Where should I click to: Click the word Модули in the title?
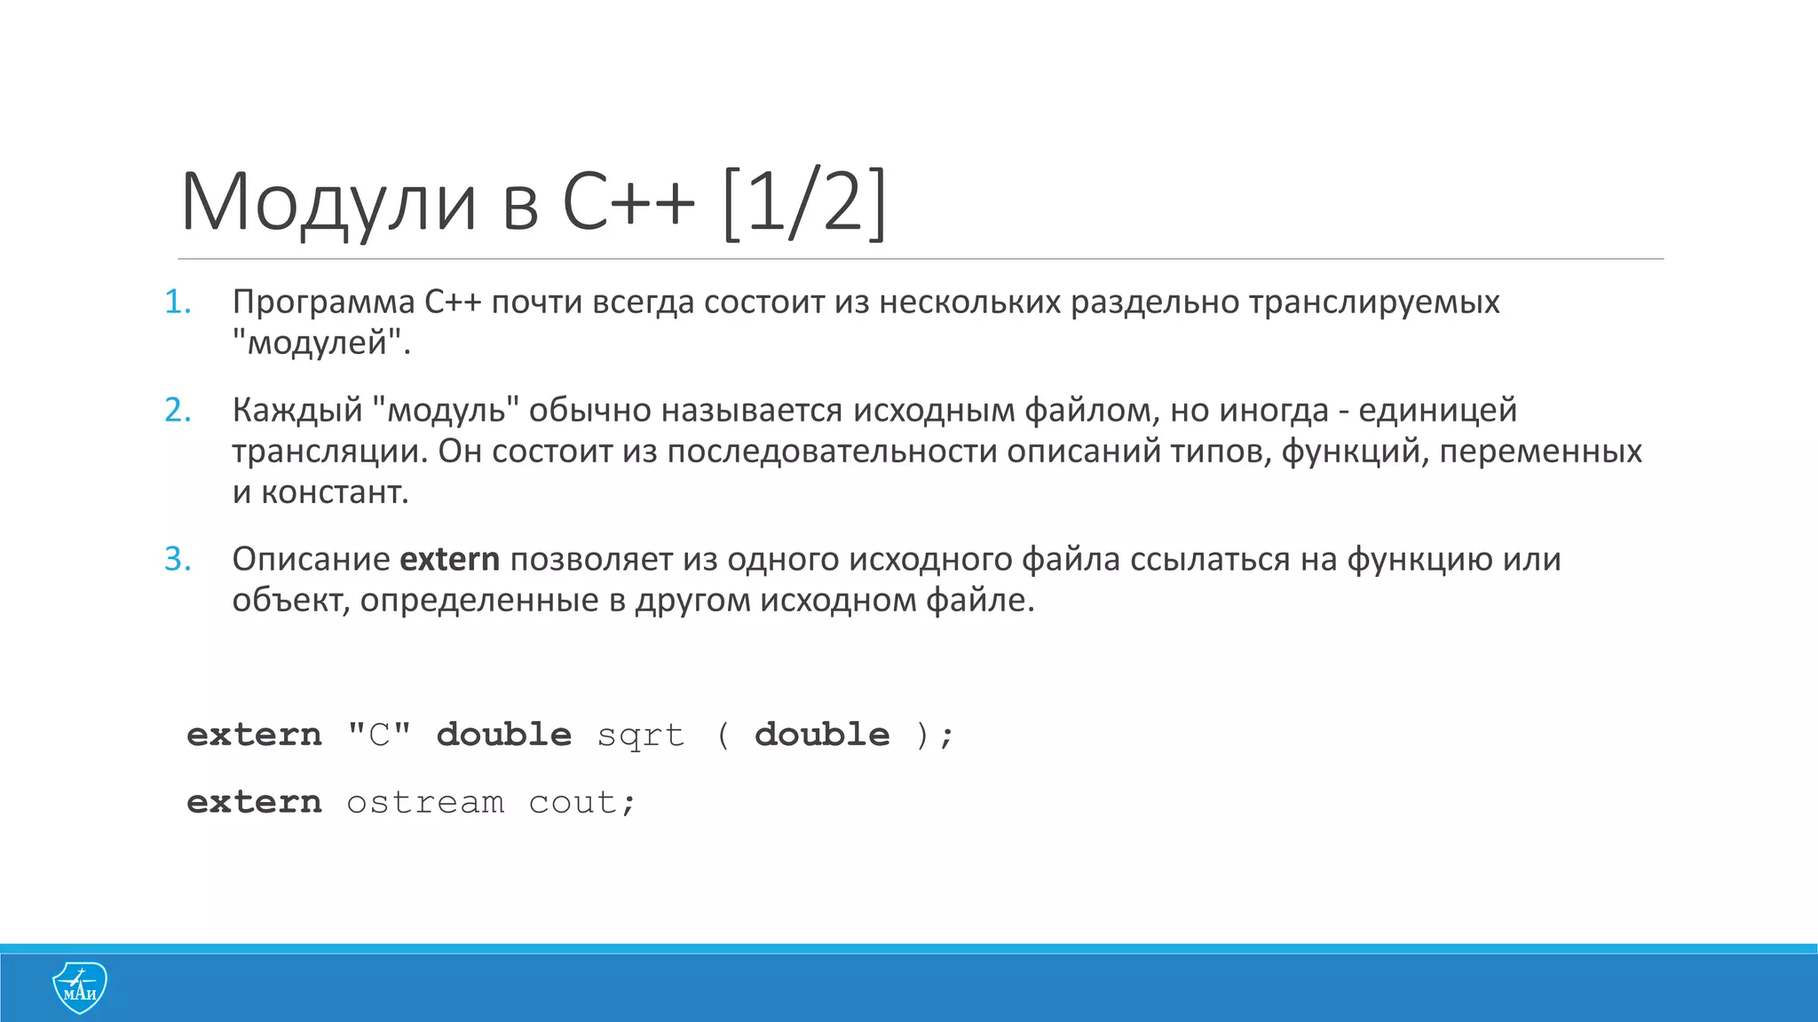[328, 202]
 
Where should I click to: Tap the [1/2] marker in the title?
[804, 202]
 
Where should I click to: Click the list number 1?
[178, 303]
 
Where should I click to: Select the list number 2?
[178, 410]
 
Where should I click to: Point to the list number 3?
[178, 559]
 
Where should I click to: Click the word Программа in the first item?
[323, 303]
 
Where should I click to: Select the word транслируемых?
[1374, 303]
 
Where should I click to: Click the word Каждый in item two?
[297, 410]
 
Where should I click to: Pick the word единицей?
[1437, 410]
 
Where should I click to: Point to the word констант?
[333, 491]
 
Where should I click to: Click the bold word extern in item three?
[449, 559]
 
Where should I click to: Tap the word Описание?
[311, 559]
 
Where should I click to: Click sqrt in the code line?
[641, 735]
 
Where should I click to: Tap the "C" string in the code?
[379, 735]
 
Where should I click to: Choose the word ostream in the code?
[425, 803]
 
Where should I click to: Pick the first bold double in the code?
[503, 735]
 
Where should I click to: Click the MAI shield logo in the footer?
[80, 987]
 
